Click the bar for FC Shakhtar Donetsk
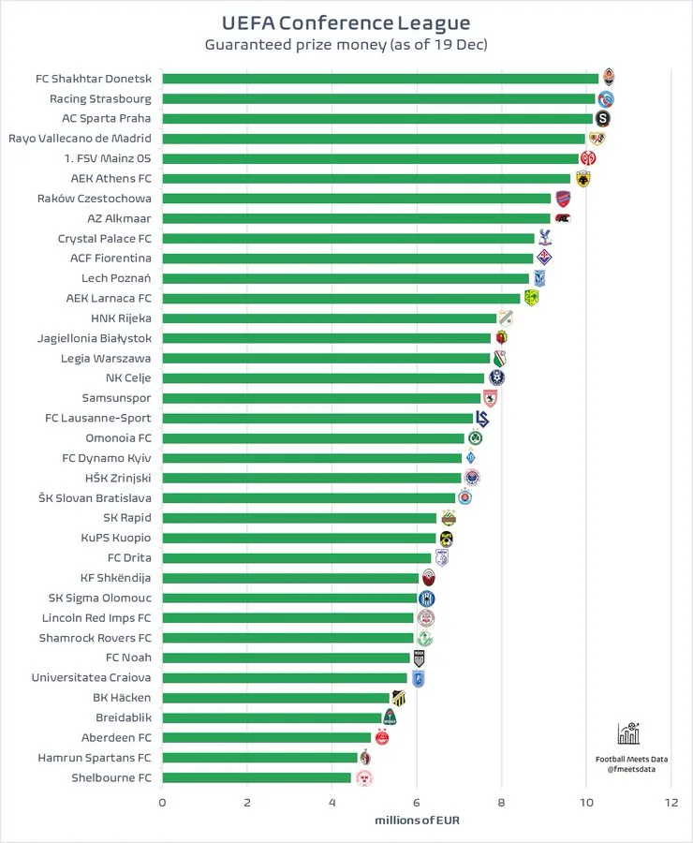click(380, 79)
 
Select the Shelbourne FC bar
click(257, 777)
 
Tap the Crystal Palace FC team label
click(104, 239)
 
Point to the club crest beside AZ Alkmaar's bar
click(562, 218)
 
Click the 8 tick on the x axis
click(501, 803)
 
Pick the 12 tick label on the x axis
click(671, 803)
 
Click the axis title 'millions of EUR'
click(417, 821)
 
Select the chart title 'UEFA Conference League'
click(346, 22)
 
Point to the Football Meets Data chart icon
click(629, 733)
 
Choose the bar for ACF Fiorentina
click(347, 259)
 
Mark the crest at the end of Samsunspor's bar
click(489, 398)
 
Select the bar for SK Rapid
click(300, 518)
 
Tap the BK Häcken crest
click(398, 698)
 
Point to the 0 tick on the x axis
click(162, 803)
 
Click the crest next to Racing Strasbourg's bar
click(605, 99)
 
